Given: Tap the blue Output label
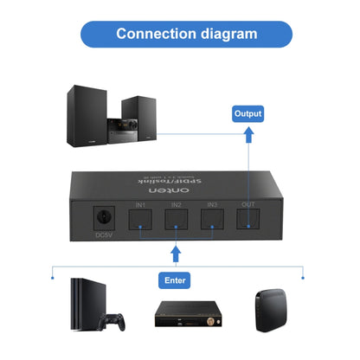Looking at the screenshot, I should [247, 113].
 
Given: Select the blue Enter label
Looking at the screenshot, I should [176, 280].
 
